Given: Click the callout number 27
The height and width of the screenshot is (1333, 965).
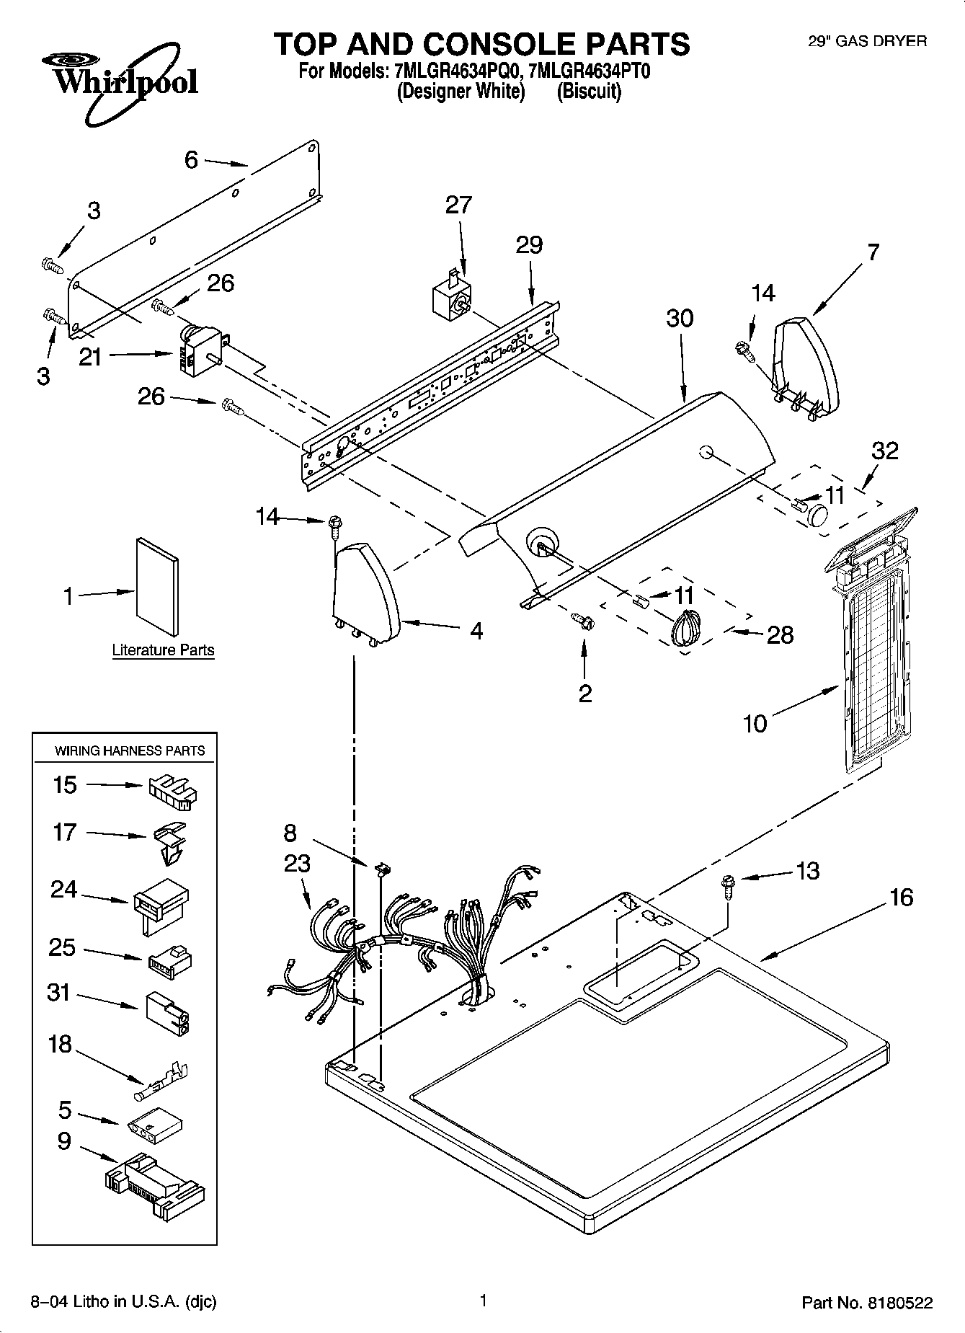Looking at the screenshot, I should pyautogui.click(x=458, y=205).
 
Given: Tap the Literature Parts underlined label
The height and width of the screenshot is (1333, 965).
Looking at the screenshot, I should pyautogui.click(x=163, y=650).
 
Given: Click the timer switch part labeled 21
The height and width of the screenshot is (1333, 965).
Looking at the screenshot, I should pyautogui.click(x=201, y=350).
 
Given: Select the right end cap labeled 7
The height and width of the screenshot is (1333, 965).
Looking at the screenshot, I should pyautogui.click(x=806, y=368).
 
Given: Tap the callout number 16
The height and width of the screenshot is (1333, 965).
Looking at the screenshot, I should pyautogui.click(x=901, y=898).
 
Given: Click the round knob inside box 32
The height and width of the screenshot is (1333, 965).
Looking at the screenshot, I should pyautogui.click(x=817, y=516).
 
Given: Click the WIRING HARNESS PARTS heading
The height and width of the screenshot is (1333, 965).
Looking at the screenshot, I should pyautogui.click(x=130, y=750).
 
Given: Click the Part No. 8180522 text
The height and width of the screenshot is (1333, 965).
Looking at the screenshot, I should pyautogui.click(x=867, y=1302).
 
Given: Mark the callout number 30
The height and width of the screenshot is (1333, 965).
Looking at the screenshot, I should pyautogui.click(x=679, y=318).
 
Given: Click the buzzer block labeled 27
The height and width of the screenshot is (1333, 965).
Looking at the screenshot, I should pyautogui.click(x=450, y=297).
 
